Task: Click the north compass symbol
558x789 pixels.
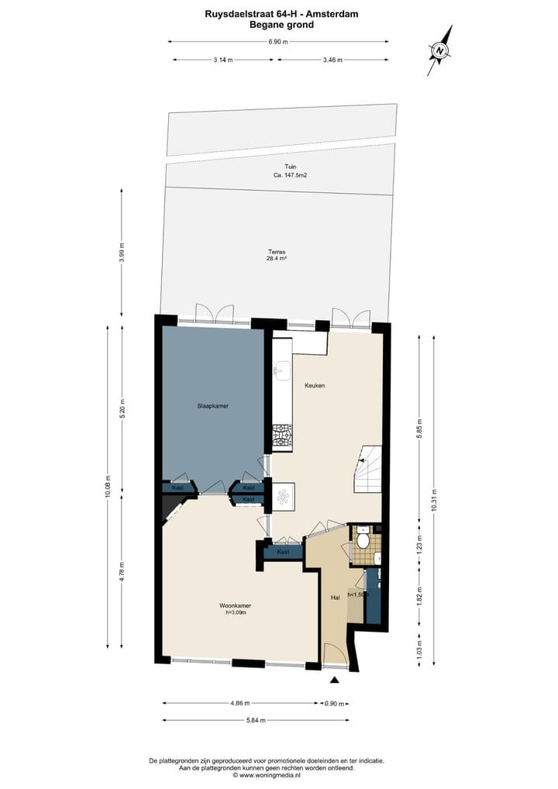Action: [440, 50]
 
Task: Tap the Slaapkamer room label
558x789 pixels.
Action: [212, 405]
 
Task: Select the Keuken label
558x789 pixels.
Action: [315, 385]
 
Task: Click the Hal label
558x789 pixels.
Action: [336, 598]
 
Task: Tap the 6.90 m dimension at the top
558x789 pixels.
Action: [278, 42]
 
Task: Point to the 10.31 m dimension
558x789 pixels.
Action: [433, 496]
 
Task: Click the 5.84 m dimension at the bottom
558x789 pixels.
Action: [255, 720]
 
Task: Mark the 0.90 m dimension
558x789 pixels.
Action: [335, 704]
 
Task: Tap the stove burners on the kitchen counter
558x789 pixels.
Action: [281, 436]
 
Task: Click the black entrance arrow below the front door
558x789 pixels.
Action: [335, 680]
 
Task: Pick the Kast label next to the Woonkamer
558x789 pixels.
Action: [283, 552]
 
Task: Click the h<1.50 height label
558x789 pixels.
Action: [356, 594]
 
